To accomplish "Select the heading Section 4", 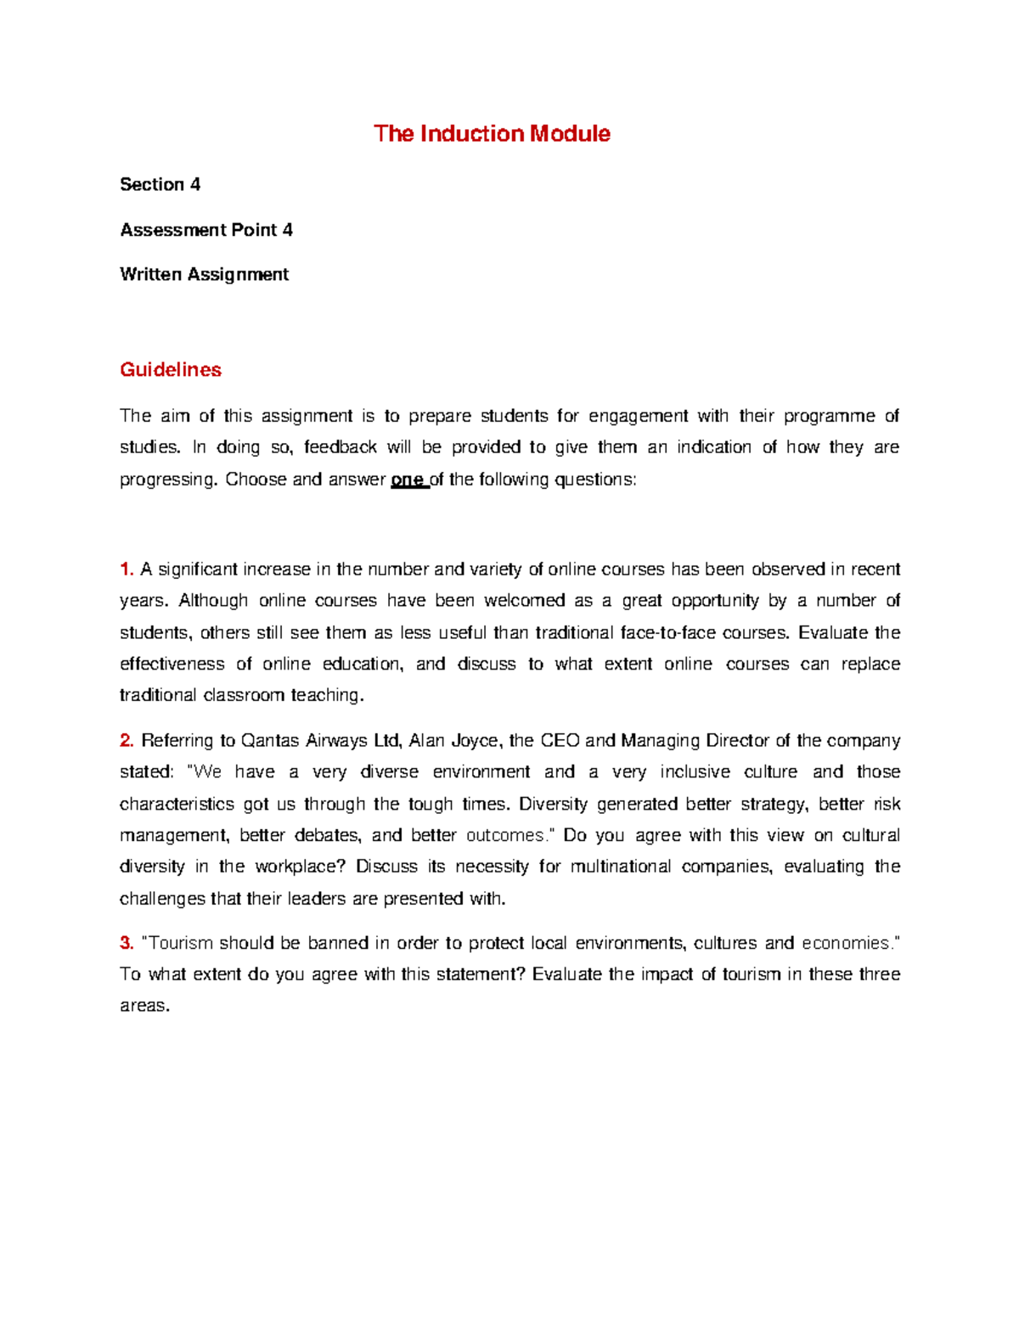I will click(160, 185).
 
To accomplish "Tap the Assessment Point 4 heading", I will click(206, 230).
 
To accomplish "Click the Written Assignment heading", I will click(204, 275).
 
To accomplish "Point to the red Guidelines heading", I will click(171, 370).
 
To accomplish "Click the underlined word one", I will click(407, 480).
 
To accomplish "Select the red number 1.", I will click(127, 569).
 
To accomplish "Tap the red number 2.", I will click(127, 741).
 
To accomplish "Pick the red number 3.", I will click(127, 944).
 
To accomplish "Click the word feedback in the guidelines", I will click(340, 448).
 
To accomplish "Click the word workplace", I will click(300, 867).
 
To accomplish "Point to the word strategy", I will click(772, 805).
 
